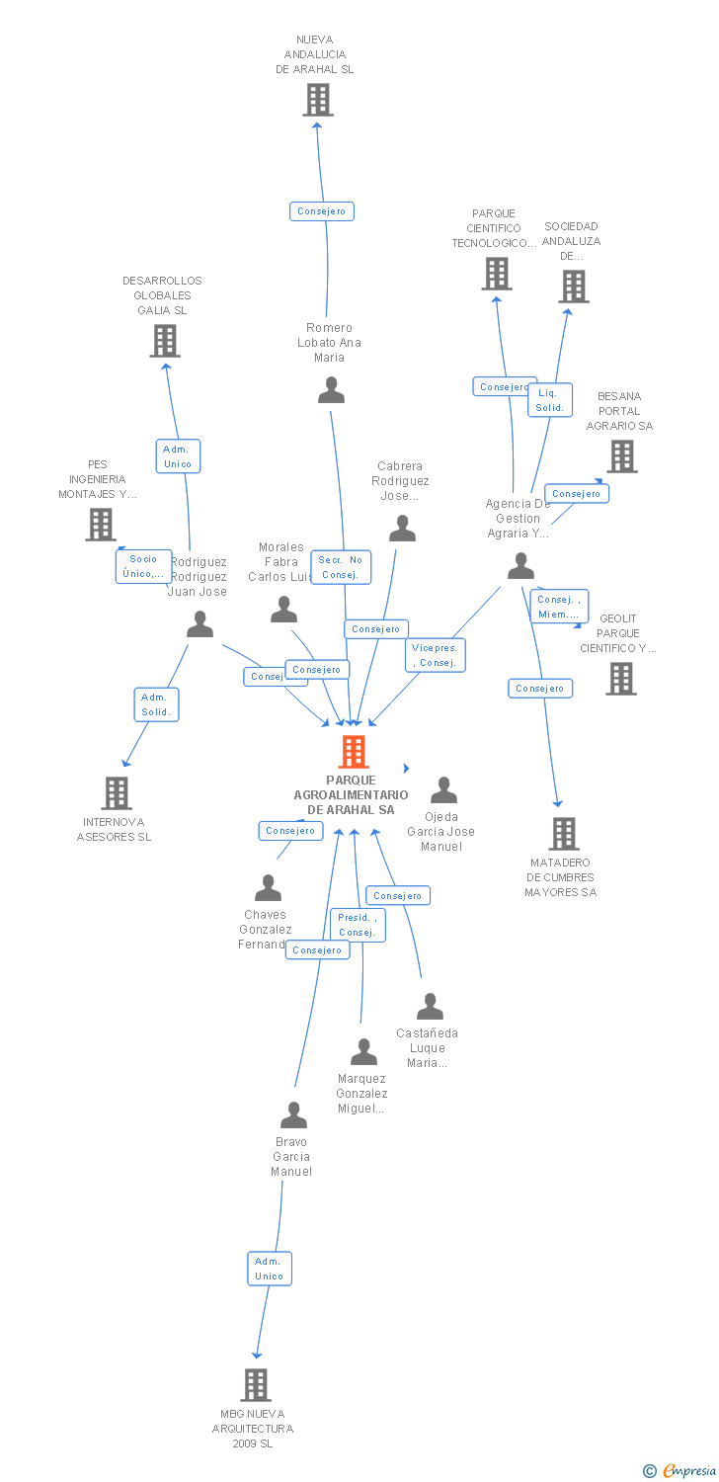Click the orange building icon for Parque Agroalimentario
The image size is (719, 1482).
(353, 752)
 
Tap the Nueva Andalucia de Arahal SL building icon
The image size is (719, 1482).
(317, 100)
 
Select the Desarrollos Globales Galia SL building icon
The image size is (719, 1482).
(165, 341)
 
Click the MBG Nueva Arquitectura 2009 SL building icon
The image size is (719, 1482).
(256, 1385)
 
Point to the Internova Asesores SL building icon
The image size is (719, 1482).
(117, 792)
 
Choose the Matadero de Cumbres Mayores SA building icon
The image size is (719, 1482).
(563, 834)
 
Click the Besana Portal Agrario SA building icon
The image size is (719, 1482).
(621, 456)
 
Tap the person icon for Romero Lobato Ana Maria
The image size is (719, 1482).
(331, 390)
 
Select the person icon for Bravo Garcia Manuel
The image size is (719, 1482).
(293, 1114)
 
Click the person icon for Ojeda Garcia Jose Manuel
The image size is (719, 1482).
(443, 790)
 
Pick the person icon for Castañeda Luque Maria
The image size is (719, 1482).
(430, 1007)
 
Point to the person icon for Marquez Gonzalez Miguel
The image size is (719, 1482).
(363, 1052)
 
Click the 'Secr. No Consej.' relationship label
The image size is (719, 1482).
(341, 567)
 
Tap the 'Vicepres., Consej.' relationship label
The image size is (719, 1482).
(436, 655)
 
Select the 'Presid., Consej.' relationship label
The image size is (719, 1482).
(357, 925)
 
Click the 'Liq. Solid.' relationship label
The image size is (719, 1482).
(549, 400)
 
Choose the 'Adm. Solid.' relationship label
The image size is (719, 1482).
(156, 704)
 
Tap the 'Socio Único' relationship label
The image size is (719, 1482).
(143, 566)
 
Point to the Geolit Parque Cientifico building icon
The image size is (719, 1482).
(620, 679)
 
